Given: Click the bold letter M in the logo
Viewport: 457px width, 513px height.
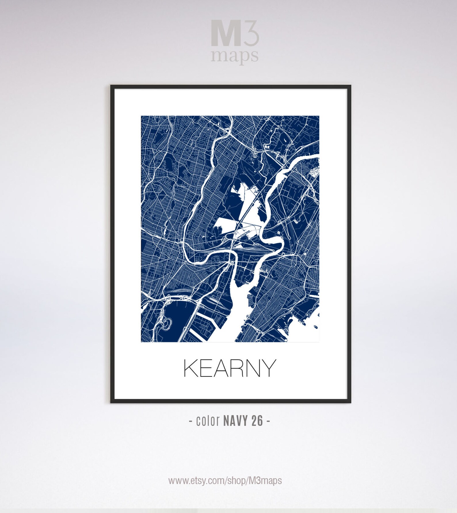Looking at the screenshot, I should pos(226,33).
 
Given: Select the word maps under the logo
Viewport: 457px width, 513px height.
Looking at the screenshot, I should pos(235,56).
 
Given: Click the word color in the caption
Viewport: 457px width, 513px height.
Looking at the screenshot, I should pos(208,421).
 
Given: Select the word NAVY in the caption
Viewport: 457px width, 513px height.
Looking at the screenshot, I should pos(235,421).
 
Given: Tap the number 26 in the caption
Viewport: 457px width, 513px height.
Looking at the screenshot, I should pos(257,421).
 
